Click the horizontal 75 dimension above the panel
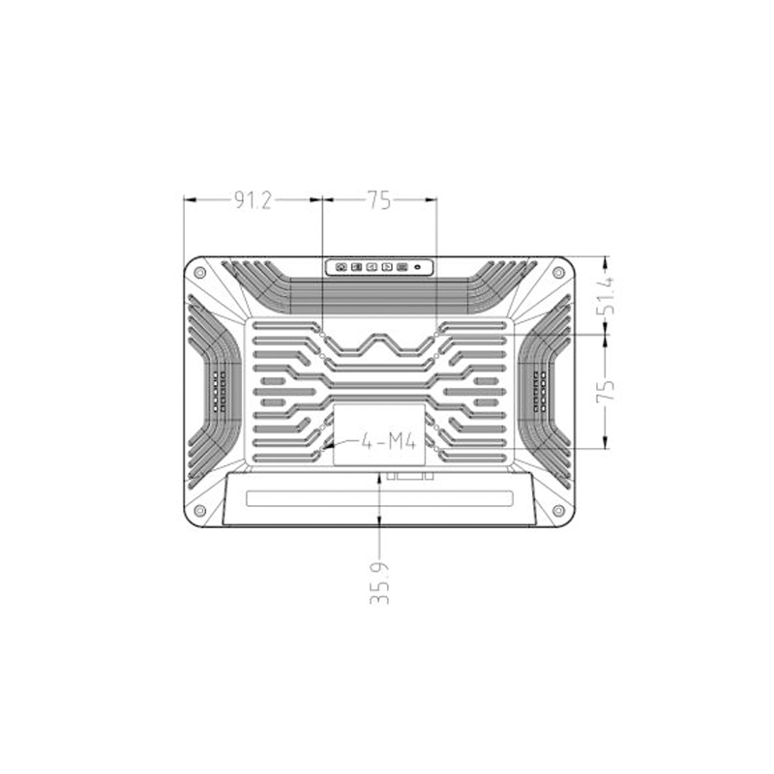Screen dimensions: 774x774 (378, 200)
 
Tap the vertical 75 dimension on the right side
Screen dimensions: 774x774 (606, 390)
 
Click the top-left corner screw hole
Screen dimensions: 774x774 (200, 273)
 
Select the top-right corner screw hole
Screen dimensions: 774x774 (559, 273)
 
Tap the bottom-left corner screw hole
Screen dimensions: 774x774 (200, 510)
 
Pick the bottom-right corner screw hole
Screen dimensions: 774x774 (559, 510)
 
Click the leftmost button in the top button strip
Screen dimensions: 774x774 (342, 266)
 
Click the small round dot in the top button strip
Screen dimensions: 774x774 (417, 266)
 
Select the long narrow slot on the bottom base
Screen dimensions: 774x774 (379, 499)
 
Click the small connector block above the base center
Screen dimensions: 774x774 (406, 475)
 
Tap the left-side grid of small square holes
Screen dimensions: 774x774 (218, 392)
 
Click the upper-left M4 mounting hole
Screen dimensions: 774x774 (321, 329)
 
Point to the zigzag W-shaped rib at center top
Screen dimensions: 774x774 (379, 345)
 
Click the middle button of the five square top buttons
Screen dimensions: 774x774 (371, 266)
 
